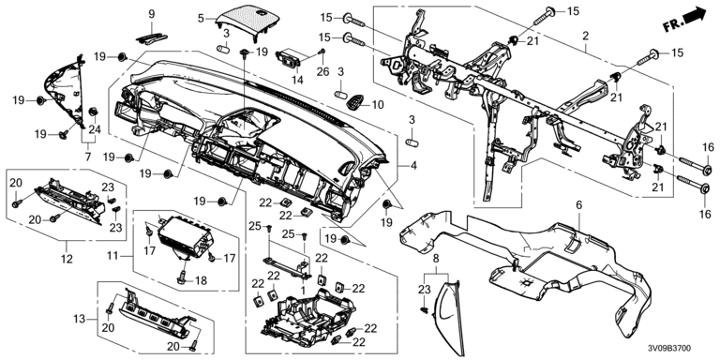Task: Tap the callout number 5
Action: pos(201,19)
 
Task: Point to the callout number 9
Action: pos(152,14)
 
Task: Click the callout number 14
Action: pos(298,80)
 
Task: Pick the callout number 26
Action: pos(323,71)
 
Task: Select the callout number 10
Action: pos(378,105)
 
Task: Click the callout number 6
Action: pos(579,204)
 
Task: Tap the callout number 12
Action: pos(67,259)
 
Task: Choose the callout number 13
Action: pos(80,318)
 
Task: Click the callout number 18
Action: pos(202,280)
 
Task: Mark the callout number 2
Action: pos(585,35)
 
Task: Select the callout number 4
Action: pos(413,166)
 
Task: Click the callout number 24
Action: pos(94,129)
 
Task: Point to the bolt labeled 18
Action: pos(183,276)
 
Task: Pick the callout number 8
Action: pos(436,259)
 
